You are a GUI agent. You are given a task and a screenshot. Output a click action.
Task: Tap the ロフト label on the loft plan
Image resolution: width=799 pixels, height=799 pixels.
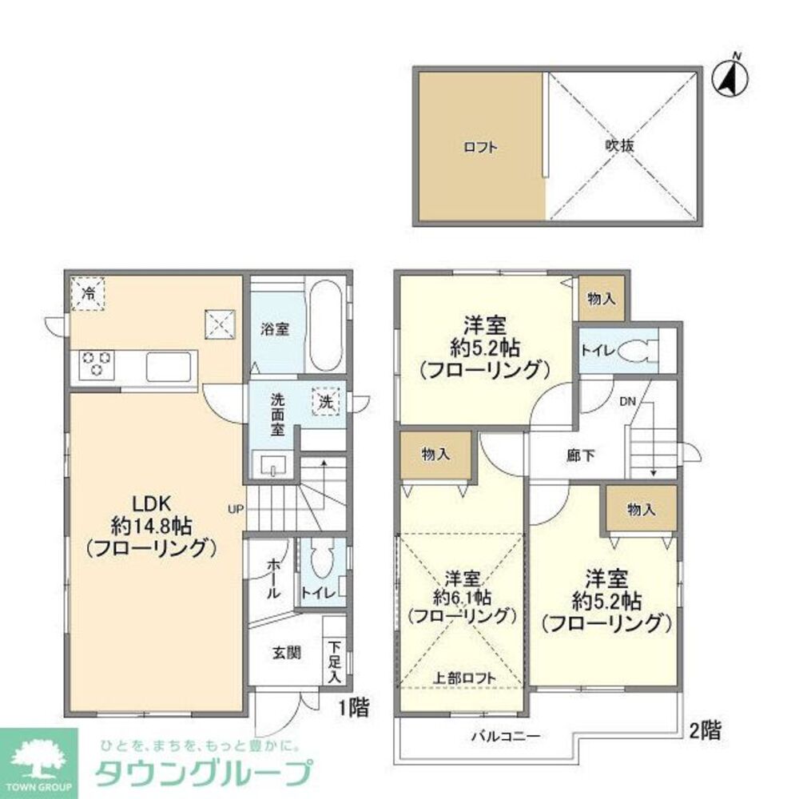click(480, 147)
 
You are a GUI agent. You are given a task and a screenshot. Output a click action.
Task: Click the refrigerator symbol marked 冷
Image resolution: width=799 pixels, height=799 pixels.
click(87, 294)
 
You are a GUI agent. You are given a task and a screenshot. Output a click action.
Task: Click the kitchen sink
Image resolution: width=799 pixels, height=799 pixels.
click(169, 368)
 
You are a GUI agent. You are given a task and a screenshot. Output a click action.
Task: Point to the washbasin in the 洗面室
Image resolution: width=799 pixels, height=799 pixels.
click(272, 464)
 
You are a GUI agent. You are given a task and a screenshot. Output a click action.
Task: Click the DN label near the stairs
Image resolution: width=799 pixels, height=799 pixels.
click(626, 402)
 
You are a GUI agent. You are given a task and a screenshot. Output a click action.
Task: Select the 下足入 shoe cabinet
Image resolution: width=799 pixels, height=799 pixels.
click(334, 661)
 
